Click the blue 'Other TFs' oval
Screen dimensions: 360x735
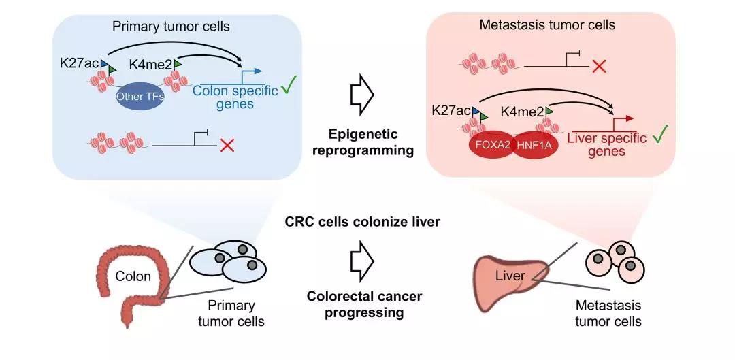pos(139,95)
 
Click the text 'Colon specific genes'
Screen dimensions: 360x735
pos(235,97)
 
